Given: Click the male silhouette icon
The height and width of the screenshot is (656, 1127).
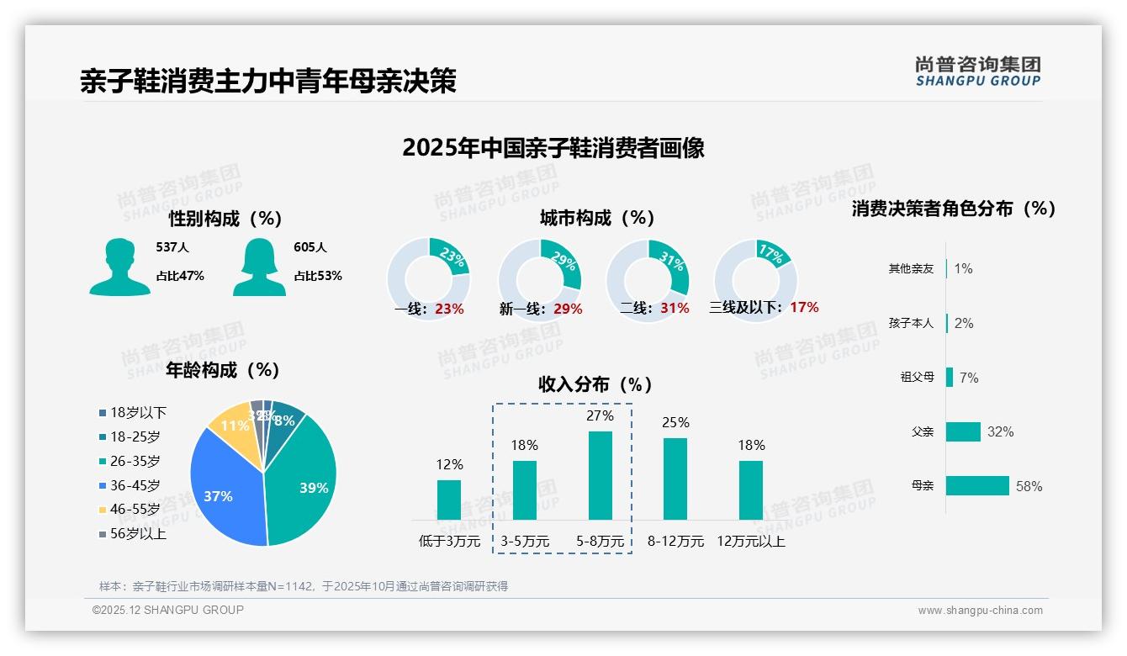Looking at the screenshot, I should (119, 267).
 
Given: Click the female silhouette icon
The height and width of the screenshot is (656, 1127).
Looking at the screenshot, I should (259, 267).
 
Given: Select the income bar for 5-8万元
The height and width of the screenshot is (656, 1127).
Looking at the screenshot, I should (601, 475).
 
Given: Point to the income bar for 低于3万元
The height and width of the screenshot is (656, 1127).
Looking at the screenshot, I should (449, 500).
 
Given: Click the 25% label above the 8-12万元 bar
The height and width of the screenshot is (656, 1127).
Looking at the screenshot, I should (675, 422).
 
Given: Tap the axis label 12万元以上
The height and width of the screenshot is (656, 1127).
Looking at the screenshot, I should (751, 542).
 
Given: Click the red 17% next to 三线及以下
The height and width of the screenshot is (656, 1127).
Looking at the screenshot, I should (804, 307).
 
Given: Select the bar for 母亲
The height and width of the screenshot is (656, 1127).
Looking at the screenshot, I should (977, 486).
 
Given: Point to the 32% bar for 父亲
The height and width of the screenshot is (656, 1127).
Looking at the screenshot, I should (963, 431).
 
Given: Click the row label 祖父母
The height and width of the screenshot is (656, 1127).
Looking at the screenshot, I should (917, 378).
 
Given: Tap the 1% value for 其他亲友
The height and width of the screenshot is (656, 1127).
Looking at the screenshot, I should (963, 268).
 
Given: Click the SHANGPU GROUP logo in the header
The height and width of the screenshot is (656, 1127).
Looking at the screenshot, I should (978, 71).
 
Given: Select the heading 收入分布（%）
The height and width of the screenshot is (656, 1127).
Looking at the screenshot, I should (595, 384).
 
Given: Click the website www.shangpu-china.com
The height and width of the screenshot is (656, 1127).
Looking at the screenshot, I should (980, 611).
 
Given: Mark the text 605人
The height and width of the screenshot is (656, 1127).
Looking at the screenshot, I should (310, 247).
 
